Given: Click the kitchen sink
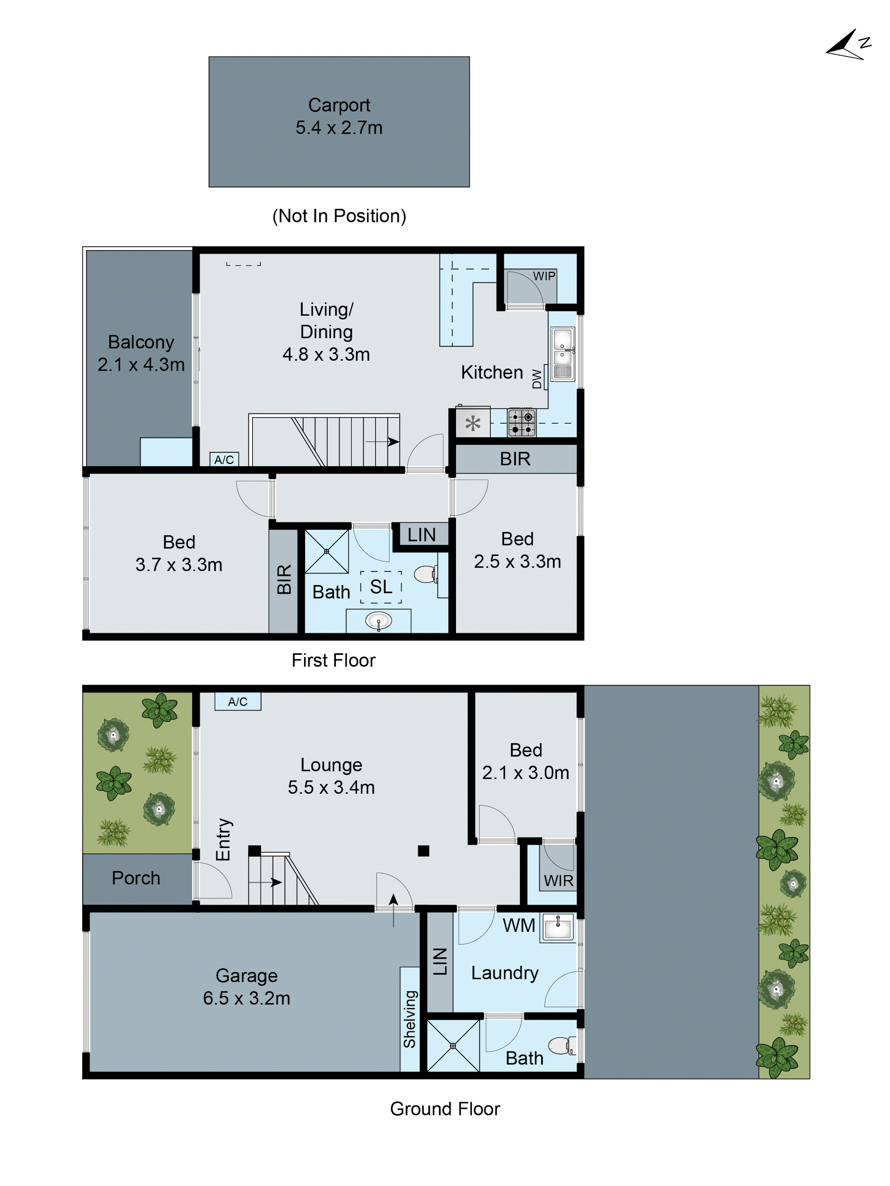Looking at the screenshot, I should pyautogui.click(x=562, y=354).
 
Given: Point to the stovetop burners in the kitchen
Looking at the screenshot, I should pyautogui.click(x=522, y=423).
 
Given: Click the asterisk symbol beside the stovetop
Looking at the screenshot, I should pyautogui.click(x=473, y=424).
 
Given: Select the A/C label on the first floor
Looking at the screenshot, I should pyautogui.click(x=224, y=459).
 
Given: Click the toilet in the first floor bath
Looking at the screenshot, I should pyautogui.click(x=425, y=574).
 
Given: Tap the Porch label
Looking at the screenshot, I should pyautogui.click(x=136, y=878).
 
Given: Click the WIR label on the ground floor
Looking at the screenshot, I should pyautogui.click(x=558, y=881).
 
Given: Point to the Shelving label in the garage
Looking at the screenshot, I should pyautogui.click(x=410, y=1019).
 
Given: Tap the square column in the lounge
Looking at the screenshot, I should pyautogui.click(x=423, y=851).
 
